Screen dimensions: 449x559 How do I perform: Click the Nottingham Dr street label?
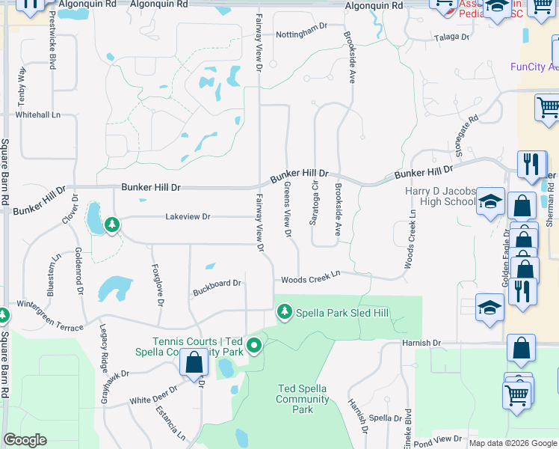[302, 26]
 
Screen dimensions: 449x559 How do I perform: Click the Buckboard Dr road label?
[217, 284]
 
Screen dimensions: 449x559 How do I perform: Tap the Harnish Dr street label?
[421, 343]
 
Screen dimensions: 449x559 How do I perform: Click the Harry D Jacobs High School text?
[440, 196]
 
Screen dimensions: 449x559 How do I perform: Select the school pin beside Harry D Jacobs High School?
[490, 202]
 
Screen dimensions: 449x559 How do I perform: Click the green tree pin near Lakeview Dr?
[112, 224]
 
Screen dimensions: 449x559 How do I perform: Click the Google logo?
[25, 440]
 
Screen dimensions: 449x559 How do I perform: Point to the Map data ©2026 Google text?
[513, 443]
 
